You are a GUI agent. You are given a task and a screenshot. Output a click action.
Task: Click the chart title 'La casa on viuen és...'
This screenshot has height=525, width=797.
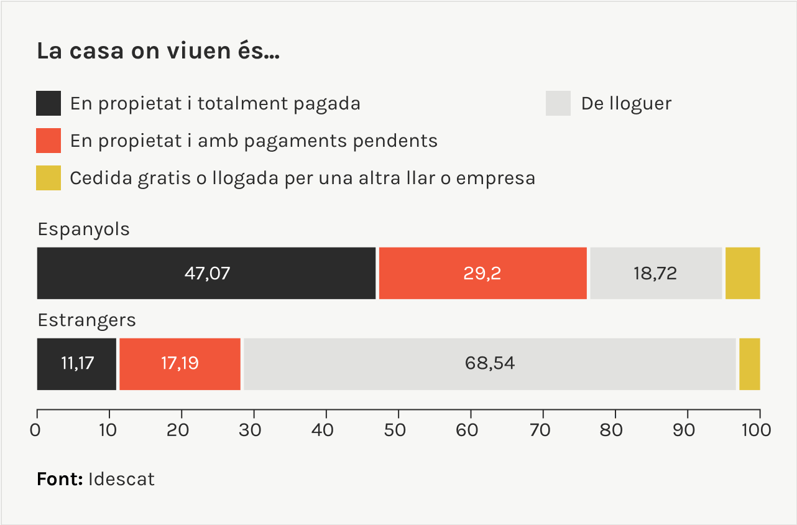coord(158,52)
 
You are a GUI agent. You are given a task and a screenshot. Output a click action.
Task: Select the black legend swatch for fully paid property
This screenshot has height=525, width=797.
coord(48,103)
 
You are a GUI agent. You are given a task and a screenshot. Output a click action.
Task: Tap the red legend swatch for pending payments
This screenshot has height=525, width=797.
coord(48,141)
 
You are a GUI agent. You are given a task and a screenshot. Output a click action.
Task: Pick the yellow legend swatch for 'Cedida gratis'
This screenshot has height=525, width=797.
coord(48,178)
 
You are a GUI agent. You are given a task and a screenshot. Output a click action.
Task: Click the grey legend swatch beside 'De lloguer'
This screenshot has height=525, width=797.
coord(558,103)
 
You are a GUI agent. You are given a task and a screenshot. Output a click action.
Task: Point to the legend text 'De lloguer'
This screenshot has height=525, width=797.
coord(626,103)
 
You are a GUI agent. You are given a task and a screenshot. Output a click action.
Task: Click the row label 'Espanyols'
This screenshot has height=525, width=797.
coord(83,229)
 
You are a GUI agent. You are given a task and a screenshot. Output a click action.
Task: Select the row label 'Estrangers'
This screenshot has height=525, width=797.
coord(86,320)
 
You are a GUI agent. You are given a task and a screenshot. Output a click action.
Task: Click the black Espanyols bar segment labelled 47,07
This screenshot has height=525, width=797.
coord(206,273)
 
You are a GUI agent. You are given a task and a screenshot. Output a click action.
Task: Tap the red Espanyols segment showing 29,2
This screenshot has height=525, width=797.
coord(482,273)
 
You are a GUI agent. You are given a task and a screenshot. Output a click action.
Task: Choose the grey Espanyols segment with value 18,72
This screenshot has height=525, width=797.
coord(655,273)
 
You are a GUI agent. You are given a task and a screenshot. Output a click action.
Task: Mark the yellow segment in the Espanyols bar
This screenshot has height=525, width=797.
coord(742,273)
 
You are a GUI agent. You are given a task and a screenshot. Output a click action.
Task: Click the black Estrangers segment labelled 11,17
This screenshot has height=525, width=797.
coord(77,364)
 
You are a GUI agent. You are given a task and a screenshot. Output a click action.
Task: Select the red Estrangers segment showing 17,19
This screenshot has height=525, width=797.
coord(180,364)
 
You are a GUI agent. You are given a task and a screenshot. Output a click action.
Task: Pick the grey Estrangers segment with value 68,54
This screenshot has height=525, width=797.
coord(489,364)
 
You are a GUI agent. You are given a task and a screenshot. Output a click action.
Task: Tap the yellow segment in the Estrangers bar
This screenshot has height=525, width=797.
coord(749,364)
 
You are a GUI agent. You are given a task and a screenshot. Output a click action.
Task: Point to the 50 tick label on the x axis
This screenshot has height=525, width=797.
coord(398,430)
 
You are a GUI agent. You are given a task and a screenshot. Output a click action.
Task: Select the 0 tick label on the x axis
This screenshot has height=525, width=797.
coord(37,430)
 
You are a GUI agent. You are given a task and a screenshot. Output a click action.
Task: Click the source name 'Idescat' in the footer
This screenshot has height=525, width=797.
coord(121,480)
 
